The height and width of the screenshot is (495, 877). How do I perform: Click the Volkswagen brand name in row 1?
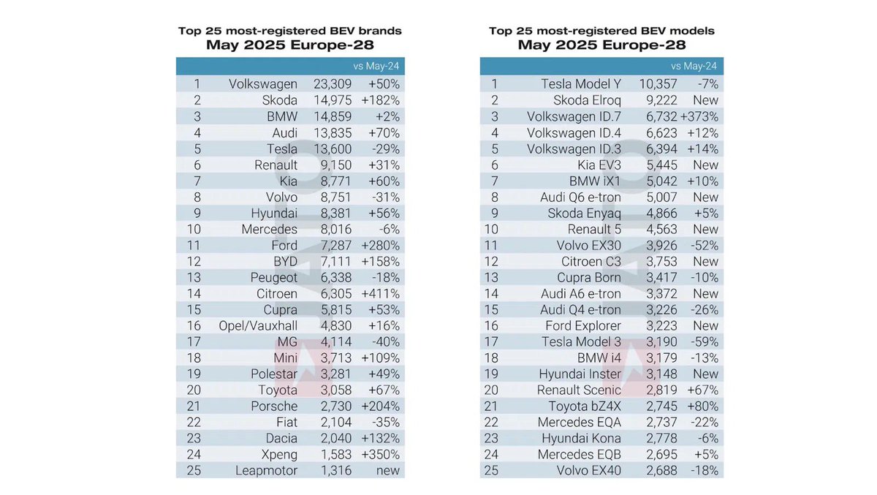[263, 84]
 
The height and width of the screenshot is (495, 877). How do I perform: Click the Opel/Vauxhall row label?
[258, 325]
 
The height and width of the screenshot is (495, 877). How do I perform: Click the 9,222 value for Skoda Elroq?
[661, 100]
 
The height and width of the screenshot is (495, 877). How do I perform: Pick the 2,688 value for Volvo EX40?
[661, 470]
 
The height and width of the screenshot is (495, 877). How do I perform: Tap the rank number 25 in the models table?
[493, 470]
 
